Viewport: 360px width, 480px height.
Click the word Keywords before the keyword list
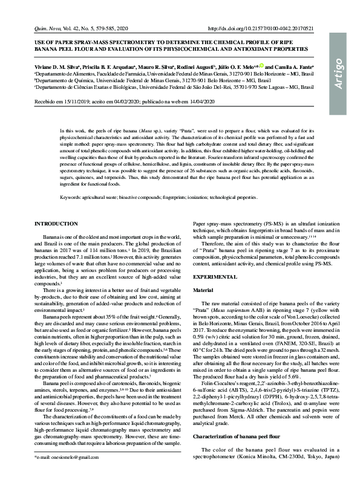tap(72, 198)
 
